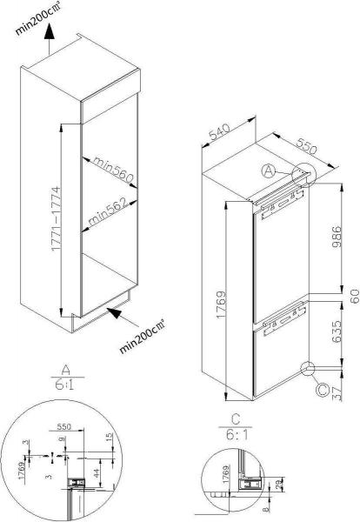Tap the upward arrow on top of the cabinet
pos(50,34)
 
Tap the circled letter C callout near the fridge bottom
pos(323,391)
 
